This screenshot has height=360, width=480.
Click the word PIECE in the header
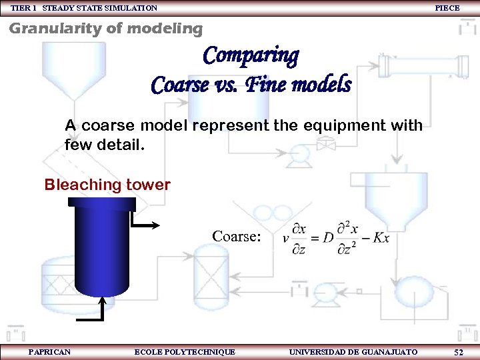[447, 8]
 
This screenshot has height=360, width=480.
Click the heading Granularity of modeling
[105, 29]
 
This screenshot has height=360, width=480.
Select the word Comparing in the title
[251, 55]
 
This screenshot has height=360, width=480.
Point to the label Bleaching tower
[107, 185]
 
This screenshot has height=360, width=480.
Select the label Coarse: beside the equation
[236, 236]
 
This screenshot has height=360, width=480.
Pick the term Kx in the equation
[381, 238]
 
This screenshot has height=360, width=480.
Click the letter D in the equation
[329, 238]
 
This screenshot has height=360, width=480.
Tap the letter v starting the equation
[285, 239]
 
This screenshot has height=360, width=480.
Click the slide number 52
[459, 351]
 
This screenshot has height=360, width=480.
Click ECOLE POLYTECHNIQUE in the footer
[185, 351]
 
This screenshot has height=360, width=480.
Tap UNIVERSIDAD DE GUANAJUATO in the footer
[353, 351]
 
